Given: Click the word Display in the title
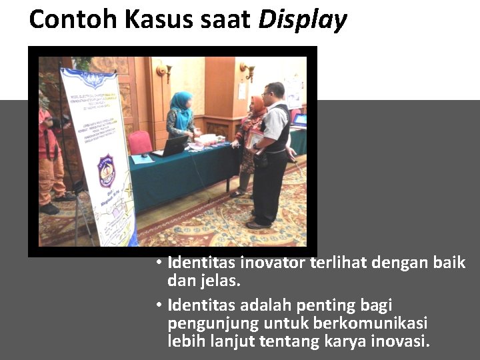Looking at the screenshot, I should (x=303, y=20).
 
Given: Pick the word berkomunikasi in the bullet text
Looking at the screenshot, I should (x=371, y=323).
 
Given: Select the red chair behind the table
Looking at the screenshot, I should (x=139, y=142).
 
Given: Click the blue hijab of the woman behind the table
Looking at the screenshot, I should (x=181, y=102).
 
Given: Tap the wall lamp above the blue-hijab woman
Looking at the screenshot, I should (x=164, y=70).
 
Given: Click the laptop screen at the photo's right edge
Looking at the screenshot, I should (x=300, y=121).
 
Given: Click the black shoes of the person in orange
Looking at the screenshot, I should (x=49, y=209).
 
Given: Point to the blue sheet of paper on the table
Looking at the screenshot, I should (x=142, y=159).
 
